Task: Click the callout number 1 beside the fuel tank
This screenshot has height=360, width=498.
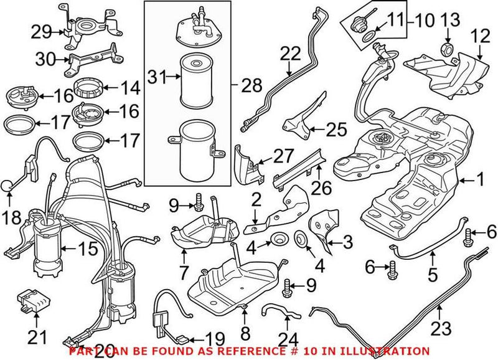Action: [x=480, y=181]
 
